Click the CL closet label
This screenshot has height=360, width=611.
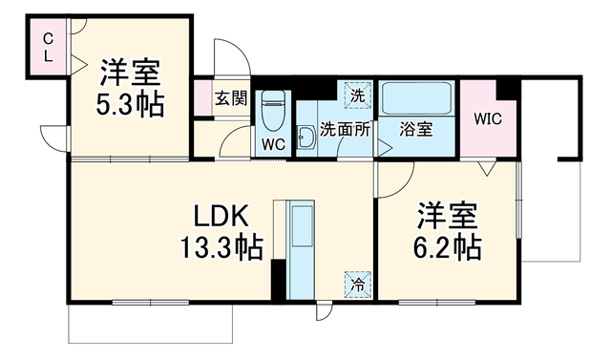click(48, 48)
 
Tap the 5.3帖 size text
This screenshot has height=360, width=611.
click(130, 105)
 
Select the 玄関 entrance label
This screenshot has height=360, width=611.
click(231, 98)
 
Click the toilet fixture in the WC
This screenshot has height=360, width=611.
click(273, 111)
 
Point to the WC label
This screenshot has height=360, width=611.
click(273, 145)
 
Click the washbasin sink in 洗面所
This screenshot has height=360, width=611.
click(306, 138)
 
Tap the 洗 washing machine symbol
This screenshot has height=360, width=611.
click(357, 95)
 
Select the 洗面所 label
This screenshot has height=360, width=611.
click(345, 130)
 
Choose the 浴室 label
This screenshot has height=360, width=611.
click(416, 130)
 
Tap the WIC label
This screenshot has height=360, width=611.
click(488, 118)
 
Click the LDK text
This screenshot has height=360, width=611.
click(221, 216)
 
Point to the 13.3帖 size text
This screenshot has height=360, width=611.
click(221, 247)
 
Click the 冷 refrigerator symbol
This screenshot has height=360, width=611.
click(357, 285)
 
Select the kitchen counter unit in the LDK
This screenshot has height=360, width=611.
click(300, 250)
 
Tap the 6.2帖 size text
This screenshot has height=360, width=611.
click(448, 247)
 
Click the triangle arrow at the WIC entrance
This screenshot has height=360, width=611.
click(487, 168)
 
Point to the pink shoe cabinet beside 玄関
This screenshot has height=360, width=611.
click(202, 97)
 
